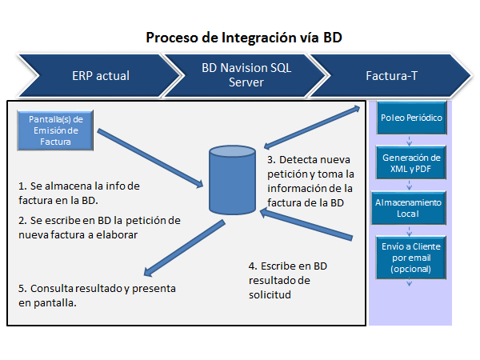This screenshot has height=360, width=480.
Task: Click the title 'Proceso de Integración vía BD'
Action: (244, 38)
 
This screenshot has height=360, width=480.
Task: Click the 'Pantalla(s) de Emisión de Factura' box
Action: (55, 130)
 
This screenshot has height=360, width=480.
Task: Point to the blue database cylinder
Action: (232, 180)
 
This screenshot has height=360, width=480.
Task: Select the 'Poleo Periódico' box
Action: (411, 118)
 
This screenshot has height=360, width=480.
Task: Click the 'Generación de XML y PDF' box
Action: (411, 163)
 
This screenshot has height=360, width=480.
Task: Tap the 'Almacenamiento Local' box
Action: (408, 208)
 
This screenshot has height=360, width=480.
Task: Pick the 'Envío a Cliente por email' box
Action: (411, 258)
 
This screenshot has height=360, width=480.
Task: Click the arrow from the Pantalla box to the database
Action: (150, 158)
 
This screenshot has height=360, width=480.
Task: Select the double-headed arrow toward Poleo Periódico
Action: (312, 127)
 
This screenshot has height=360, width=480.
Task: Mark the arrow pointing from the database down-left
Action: (184, 249)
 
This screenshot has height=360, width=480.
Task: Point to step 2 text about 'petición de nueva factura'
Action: (99, 228)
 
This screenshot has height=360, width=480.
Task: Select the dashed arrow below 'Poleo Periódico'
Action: (410, 141)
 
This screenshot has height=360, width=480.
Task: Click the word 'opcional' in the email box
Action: (411, 269)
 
